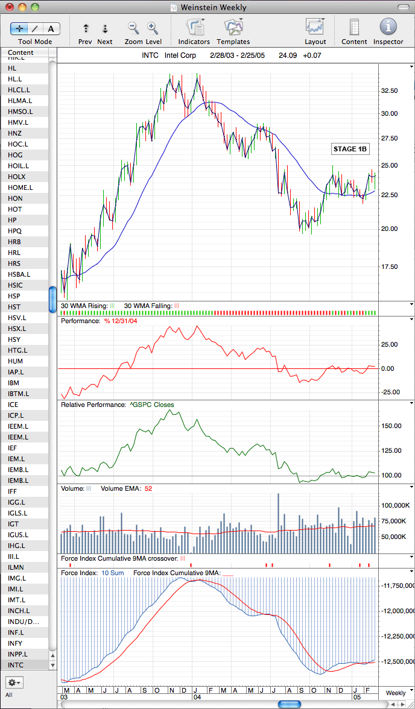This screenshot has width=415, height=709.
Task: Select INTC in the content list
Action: pyautogui.click(x=16, y=664)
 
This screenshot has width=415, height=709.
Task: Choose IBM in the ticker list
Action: pyautogui.click(x=14, y=382)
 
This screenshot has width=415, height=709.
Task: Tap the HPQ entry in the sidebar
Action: pyautogui.click(x=14, y=230)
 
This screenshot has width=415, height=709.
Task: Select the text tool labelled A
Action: pyautogui.click(x=51, y=29)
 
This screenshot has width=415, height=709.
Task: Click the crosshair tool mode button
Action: pyautogui.click(x=19, y=29)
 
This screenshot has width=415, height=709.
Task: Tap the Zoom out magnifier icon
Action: pyautogui.click(x=133, y=28)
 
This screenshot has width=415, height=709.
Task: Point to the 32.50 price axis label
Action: pyautogui.click(x=389, y=90)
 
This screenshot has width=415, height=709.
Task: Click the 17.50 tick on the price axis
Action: pyautogui.click(x=389, y=266)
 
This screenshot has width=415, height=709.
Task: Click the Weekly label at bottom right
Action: pyautogui.click(x=396, y=693)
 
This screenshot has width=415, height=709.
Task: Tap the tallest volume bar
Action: pyautogui.click(x=278, y=523)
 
